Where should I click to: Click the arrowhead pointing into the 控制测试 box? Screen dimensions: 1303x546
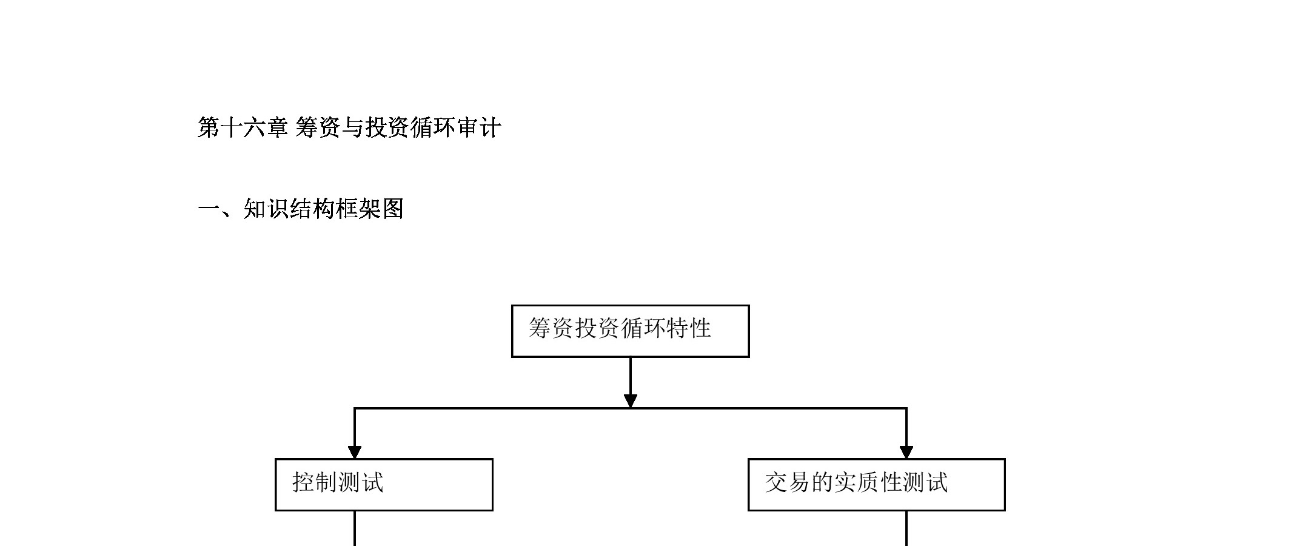[355, 453]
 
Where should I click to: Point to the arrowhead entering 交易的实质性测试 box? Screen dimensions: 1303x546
[906, 453]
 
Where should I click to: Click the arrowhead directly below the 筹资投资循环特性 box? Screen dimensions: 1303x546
[631, 401]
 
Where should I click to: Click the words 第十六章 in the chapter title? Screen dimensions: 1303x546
[243, 128]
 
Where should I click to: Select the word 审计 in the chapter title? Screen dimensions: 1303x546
[478, 128]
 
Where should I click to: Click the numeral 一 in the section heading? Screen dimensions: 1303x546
[209, 209]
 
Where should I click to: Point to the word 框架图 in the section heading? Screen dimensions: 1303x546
[370, 209]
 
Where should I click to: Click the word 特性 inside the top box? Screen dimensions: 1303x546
[689, 328]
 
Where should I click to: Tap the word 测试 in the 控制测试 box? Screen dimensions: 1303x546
[361, 483]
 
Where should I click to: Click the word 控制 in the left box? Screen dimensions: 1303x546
[315, 483]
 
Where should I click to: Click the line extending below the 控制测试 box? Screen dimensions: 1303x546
[355, 528]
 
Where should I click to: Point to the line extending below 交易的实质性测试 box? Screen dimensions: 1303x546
[906, 528]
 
